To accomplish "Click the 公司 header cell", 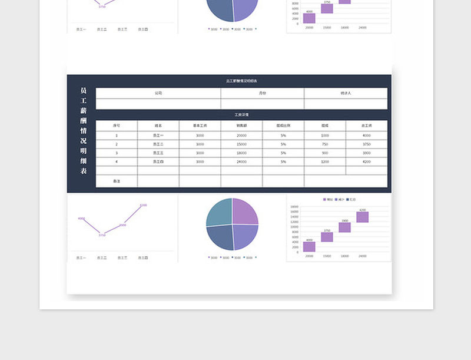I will [x=158, y=93].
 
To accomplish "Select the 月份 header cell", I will [x=263, y=93].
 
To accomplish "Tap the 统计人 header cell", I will [x=346, y=93].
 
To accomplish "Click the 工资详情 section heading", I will [x=241, y=115].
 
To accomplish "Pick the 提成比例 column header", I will [x=283, y=125].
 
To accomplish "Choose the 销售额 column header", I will [x=241, y=125].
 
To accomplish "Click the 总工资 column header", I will [x=366, y=125].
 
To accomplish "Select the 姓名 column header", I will [x=158, y=125].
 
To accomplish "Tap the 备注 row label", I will [x=117, y=181].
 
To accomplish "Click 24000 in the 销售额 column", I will [x=241, y=161].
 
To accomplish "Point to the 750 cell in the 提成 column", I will [x=325, y=144].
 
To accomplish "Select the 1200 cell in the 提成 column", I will [x=325, y=161].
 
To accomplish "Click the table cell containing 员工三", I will [x=158, y=153].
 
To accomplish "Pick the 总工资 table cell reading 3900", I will [x=366, y=153].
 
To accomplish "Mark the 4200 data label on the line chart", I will [x=143, y=205].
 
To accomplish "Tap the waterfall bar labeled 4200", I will [x=362, y=217].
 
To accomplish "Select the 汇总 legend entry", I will [x=352, y=200].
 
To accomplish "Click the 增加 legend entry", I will [x=327, y=200].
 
